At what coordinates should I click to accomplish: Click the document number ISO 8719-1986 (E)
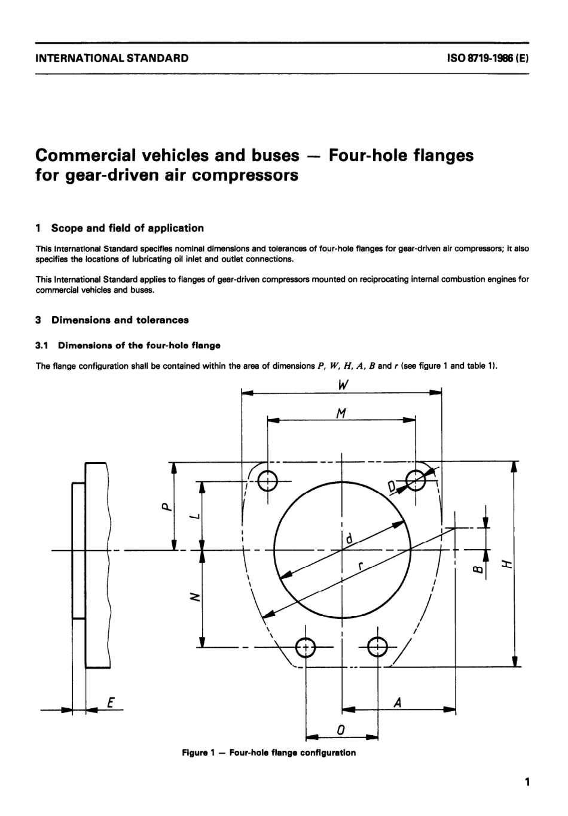click(x=488, y=59)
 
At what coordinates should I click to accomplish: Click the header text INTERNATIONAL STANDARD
click(x=112, y=59)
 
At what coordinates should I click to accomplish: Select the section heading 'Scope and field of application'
click(x=127, y=228)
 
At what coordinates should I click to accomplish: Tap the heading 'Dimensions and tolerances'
click(x=120, y=320)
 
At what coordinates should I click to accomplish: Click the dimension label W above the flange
click(x=343, y=385)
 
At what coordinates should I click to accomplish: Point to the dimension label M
click(x=341, y=412)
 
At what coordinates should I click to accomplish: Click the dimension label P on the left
click(x=166, y=506)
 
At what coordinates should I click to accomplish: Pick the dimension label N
click(x=193, y=597)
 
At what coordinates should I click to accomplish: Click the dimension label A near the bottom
click(x=397, y=703)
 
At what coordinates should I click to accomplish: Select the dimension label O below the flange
click(x=341, y=729)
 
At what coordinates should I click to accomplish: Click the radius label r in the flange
click(x=360, y=566)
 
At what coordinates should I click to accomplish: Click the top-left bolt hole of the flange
click(x=268, y=480)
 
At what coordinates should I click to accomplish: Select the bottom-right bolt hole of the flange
click(x=378, y=647)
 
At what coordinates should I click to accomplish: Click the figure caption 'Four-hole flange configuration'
click(x=268, y=753)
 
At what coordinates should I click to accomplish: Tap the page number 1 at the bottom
click(x=526, y=782)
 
